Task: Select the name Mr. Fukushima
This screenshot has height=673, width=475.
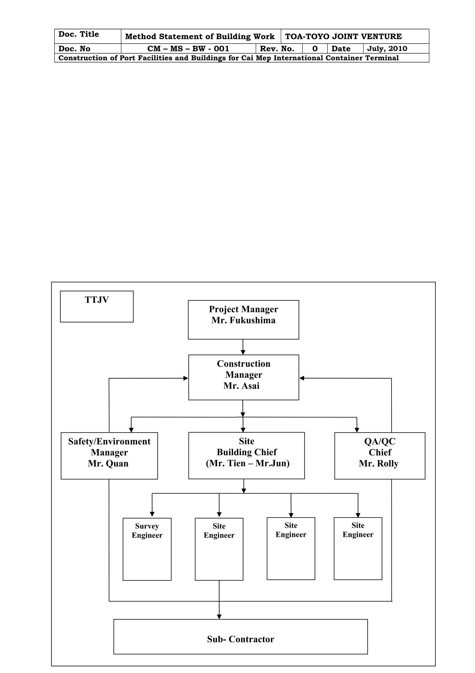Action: pos(243,320)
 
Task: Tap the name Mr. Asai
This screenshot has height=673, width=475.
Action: pos(241,386)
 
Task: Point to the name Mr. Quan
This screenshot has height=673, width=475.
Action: pos(108,464)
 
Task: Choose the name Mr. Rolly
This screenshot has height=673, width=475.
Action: pos(379,464)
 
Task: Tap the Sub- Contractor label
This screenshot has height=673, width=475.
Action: pos(240,639)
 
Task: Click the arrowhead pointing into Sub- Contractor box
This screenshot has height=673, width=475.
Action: pos(219,617)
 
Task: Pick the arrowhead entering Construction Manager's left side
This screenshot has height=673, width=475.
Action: pos(186,378)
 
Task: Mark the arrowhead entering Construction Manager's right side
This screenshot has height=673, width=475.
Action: pos(302,378)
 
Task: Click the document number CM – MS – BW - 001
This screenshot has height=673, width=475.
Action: pos(188,49)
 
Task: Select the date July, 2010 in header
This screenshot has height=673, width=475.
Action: pos(387,49)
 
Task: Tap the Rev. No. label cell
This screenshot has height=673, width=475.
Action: pos(277,49)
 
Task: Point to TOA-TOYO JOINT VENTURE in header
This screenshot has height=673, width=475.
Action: pos(343,37)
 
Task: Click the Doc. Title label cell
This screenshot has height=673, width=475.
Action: pos(79,34)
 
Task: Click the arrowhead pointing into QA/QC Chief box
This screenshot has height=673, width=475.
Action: pos(357,430)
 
